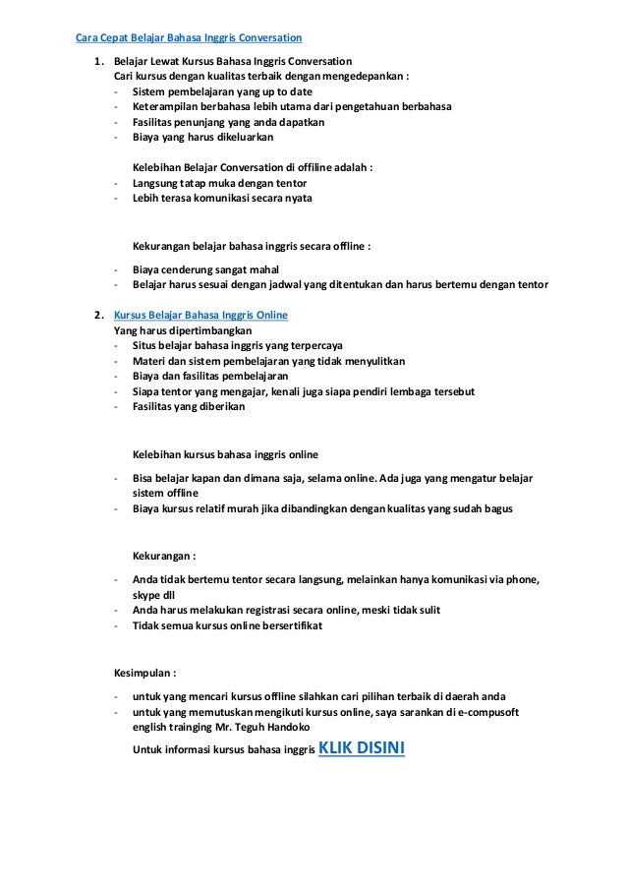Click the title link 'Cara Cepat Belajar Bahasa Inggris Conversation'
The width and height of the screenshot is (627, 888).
189,38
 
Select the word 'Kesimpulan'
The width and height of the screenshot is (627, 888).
143,676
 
